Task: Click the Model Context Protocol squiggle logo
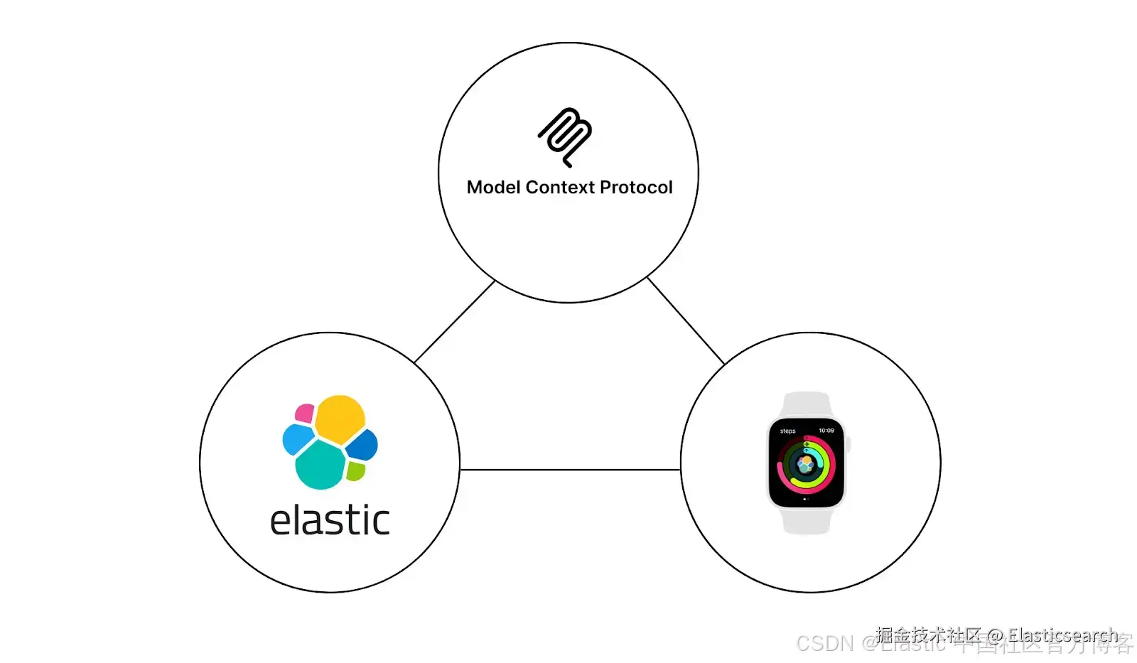click(565, 136)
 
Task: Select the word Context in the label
click(560, 188)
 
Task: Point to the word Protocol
click(636, 188)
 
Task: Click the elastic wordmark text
click(330, 521)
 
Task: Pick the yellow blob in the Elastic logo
click(340, 419)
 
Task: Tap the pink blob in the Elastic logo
click(305, 413)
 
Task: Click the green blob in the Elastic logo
click(355, 470)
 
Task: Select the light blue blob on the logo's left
click(296, 438)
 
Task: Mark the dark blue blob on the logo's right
click(362, 445)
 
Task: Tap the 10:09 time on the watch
click(826, 431)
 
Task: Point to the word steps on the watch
click(787, 431)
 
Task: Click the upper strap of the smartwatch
click(806, 404)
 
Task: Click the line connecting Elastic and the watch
click(570, 470)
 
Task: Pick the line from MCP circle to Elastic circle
click(455, 322)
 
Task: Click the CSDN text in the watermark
click(824, 644)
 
